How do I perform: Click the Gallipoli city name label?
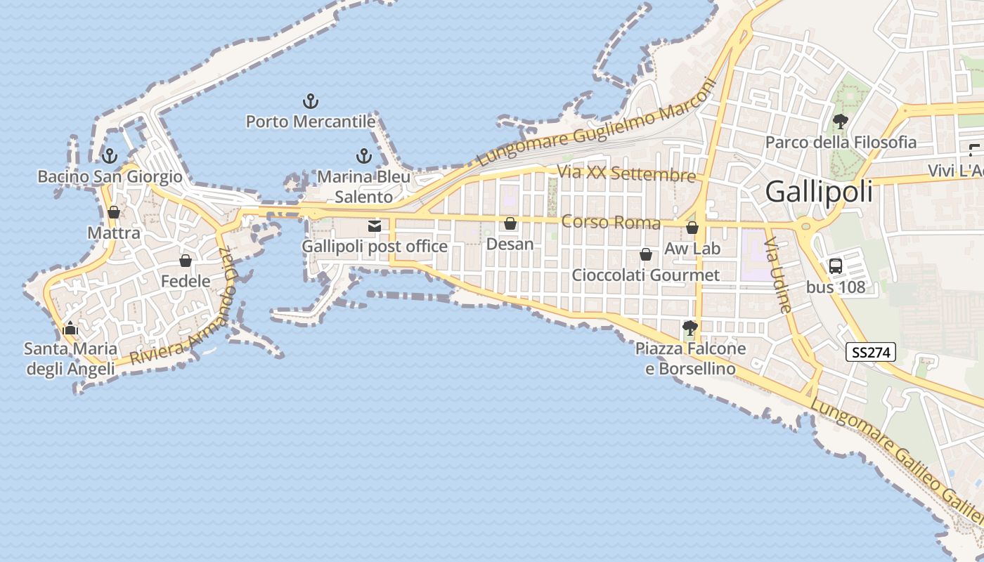(x=819, y=191)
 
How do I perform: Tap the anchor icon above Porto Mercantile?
(x=310, y=101)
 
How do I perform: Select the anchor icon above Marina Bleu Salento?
(x=363, y=156)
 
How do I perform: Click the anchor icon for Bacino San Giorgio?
(x=109, y=156)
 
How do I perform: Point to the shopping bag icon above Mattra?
(x=114, y=211)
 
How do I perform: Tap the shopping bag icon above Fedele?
(x=186, y=261)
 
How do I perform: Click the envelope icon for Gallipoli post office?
(x=374, y=226)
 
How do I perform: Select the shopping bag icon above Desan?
(x=510, y=224)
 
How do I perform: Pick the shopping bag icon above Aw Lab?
(x=692, y=228)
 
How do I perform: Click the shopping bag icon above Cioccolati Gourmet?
(x=645, y=254)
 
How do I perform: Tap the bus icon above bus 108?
(x=835, y=266)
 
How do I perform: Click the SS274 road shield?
(x=870, y=353)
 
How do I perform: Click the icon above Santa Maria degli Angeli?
(x=70, y=328)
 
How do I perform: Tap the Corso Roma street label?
(x=611, y=223)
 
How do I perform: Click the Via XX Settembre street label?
(x=626, y=174)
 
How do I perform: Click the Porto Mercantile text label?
(x=310, y=122)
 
